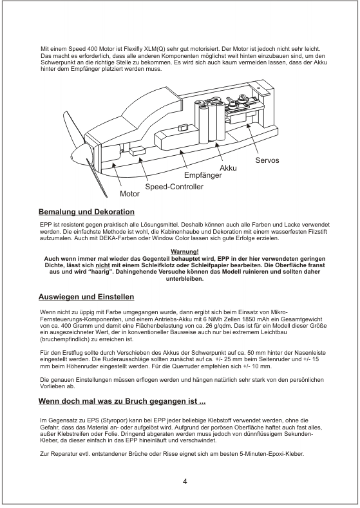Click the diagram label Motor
click(129, 194)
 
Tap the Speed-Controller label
click(174, 187)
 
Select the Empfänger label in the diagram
click(203, 175)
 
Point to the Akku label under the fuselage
click(228, 168)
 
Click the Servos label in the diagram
click(267, 160)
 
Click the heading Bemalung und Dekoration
click(86, 212)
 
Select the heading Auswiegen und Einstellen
click(86, 297)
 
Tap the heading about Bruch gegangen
click(122, 401)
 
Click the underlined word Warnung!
click(185, 252)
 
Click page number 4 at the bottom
click(185, 482)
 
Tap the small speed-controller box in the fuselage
click(137, 150)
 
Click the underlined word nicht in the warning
click(101, 265)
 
